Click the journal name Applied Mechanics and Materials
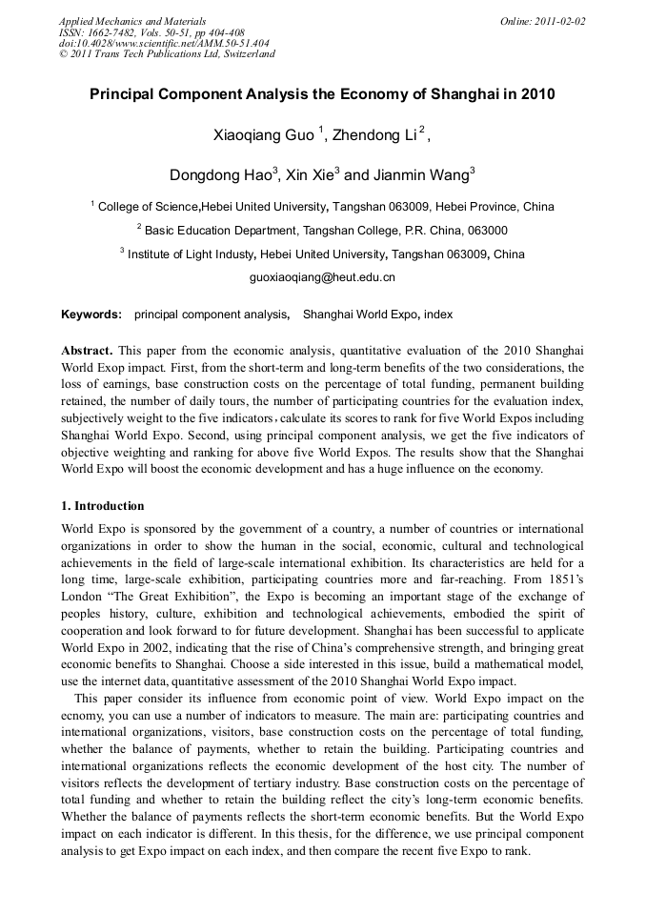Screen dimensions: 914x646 [132, 21]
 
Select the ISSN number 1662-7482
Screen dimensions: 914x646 [114, 32]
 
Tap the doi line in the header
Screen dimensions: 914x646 [163, 43]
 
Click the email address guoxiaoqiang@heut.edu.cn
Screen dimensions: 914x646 [322, 277]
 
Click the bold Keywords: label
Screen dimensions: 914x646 [91, 314]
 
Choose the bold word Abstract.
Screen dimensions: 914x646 [87, 350]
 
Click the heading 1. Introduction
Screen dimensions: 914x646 [103, 506]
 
